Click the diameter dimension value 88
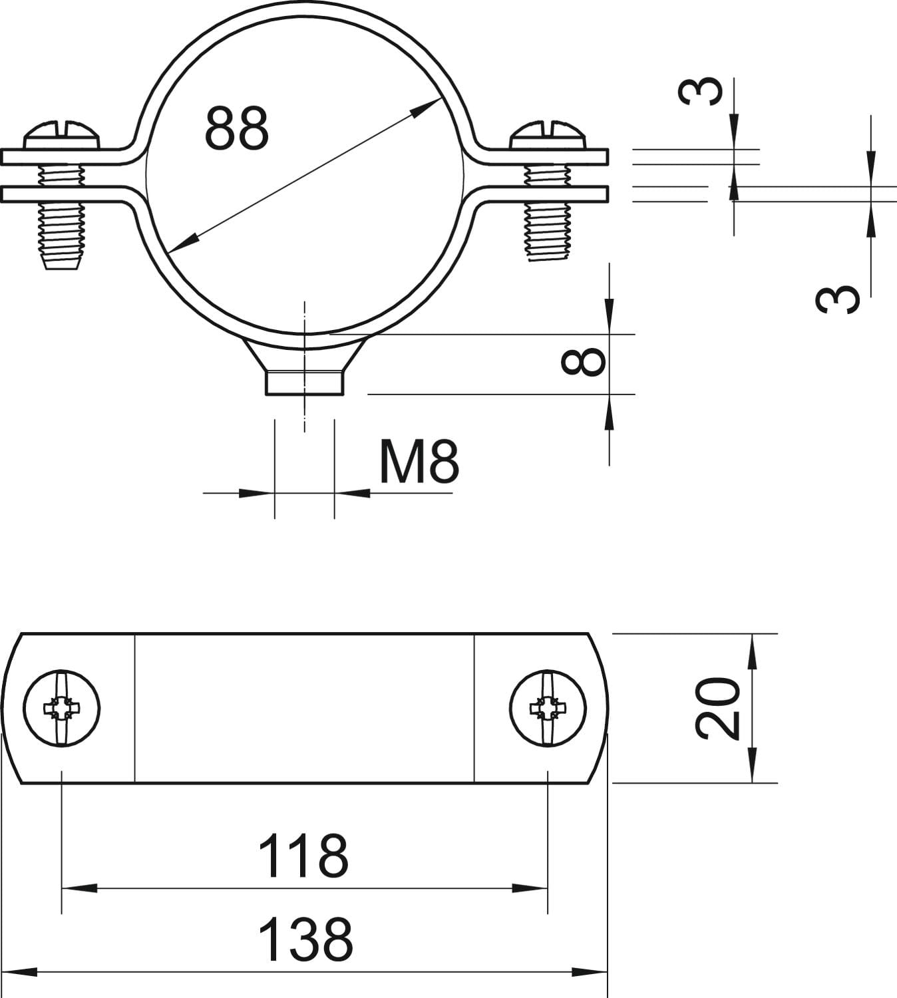[x=236, y=128]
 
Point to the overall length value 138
[x=305, y=939]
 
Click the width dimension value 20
[x=717, y=709]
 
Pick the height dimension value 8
[x=583, y=362]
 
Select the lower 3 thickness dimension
[x=838, y=299]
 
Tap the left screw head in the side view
[x=63, y=135]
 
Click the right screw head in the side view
[x=548, y=135]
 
